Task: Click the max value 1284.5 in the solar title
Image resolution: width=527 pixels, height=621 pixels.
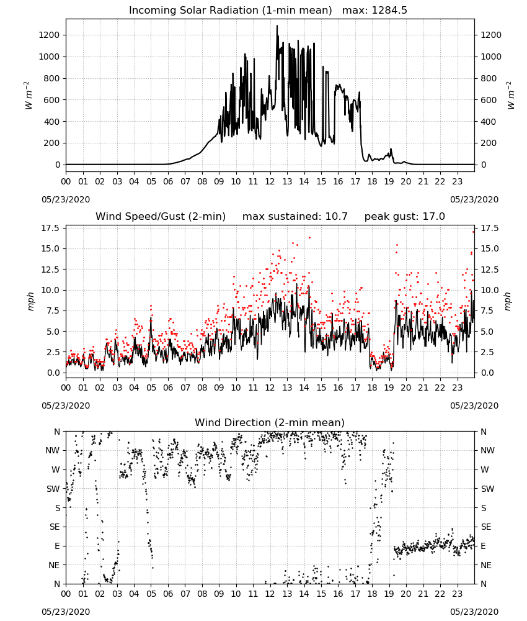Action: tap(389, 11)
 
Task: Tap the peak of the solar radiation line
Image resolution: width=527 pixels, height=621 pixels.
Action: tap(277, 25)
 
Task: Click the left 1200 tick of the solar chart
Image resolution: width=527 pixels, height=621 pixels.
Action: tap(49, 35)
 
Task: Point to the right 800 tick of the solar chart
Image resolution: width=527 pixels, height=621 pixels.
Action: tap(489, 78)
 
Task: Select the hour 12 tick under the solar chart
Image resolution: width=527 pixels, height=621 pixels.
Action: tap(270, 181)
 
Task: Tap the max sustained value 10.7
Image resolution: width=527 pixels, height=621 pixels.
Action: tap(337, 217)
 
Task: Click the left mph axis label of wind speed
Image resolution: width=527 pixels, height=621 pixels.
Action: tap(31, 301)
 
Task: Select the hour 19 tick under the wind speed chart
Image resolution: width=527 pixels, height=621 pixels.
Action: tap(389, 388)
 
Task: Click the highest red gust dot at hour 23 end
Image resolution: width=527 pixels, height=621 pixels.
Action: tap(474, 232)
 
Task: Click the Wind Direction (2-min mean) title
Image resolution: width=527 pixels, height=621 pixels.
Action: tap(270, 422)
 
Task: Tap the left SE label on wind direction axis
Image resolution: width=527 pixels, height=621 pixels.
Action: tap(54, 527)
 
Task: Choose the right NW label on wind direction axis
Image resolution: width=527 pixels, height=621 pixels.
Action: tap(487, 450)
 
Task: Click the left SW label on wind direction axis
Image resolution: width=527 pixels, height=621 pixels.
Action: tap(53, 489)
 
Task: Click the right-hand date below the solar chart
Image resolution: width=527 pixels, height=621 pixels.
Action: tap(474, 199)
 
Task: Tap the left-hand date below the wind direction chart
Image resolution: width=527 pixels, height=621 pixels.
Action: tap(66, 612)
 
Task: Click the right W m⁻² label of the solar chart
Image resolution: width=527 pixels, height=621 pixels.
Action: tap(510, 96)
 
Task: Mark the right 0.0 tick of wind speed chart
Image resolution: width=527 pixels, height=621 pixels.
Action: tap(487, 373)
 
